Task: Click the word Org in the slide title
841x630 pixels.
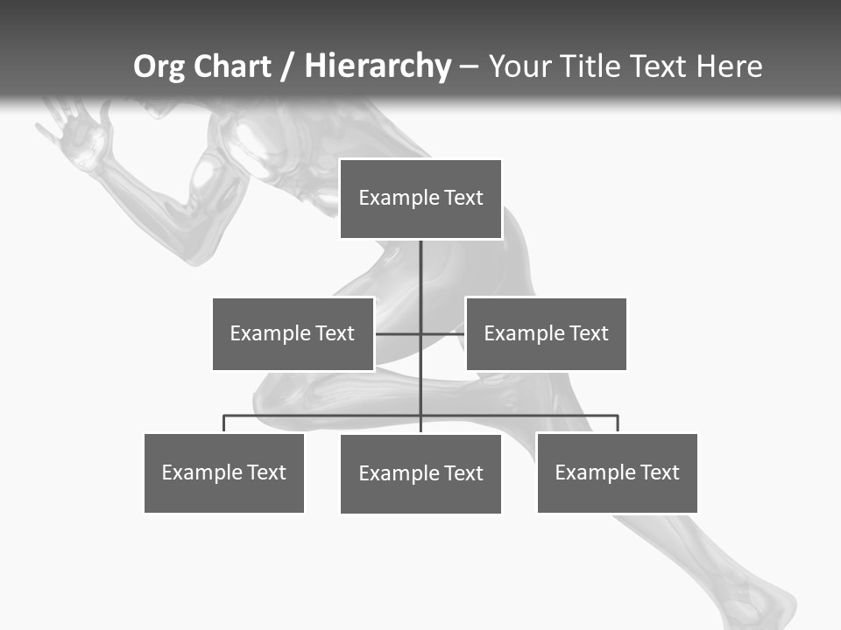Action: click(x=160, y=66)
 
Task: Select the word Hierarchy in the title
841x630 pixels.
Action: click(x=378, y=66)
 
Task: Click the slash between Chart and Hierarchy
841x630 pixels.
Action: click(x=287, y=67)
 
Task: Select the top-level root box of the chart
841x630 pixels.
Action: click(x=420, y=199)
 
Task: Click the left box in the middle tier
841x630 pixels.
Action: click(x=293, y=333)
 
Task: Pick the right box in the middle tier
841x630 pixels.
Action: click(x=546, y=333)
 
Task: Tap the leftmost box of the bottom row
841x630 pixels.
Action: click(x=223, y=472)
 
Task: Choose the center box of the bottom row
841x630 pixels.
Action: click(x=420, y=473)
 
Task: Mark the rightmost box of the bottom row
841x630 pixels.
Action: click(x=617, y=472)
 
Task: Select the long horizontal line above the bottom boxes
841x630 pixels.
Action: click(x=526, y=416)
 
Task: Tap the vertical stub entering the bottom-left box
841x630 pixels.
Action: click(x=223, y=424)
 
